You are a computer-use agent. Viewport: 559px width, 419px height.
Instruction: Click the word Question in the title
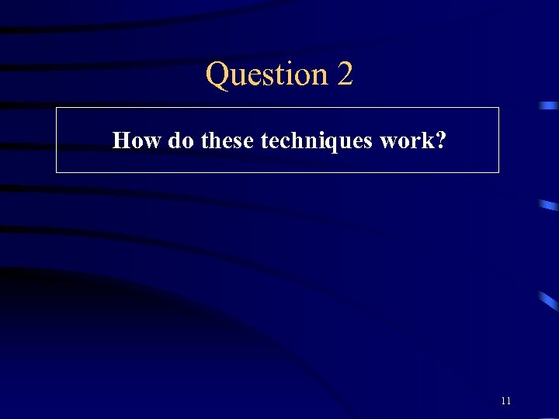(x=267, y=74)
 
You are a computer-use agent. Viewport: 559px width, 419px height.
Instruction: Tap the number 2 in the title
(x=345, y=74)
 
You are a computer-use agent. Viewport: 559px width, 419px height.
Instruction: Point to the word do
(x=181, y=140)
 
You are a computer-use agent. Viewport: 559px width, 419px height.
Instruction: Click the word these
(x=227, y=140)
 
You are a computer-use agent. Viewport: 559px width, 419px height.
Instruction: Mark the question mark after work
(x=441, y=140)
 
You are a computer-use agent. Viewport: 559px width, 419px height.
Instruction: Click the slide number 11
(x=506, y=401)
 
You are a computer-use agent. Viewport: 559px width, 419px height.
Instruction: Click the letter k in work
(x=429, y=140)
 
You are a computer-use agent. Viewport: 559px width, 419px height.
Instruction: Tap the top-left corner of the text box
(x=57, y=108)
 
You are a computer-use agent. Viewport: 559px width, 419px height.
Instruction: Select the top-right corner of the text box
(x=498, y=108)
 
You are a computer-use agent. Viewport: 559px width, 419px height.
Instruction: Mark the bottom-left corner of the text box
(x=57, y=172)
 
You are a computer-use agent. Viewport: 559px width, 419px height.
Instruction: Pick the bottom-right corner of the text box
(x=498, y=172)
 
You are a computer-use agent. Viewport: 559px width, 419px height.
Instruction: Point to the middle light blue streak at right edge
(x=548, y=205)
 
